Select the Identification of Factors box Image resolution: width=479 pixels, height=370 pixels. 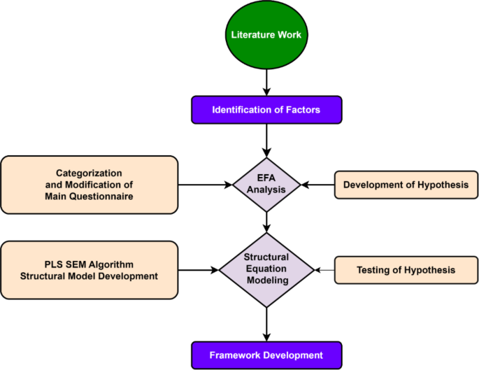click(x=266, y=110)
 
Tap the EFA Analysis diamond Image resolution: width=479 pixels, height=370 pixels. click(x=266, y=185)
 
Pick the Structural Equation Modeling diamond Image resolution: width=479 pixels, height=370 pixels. click(x=266, y=269)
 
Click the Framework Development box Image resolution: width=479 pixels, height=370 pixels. click(x=266, y=355)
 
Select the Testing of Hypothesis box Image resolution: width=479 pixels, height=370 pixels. click(x=405, y=269)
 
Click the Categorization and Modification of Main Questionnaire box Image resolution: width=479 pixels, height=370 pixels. click(x=89, y=185)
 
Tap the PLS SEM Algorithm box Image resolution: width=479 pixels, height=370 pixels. click(x=89, y=269)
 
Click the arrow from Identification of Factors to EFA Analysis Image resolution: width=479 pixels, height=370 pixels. click(x=266, y=139)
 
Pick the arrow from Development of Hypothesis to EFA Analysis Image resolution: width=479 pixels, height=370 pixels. click(x=318, y=185)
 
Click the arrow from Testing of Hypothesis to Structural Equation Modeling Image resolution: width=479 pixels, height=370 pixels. click(x=324, y=269)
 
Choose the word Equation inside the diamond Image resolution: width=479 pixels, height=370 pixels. click(x=266, y=269)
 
